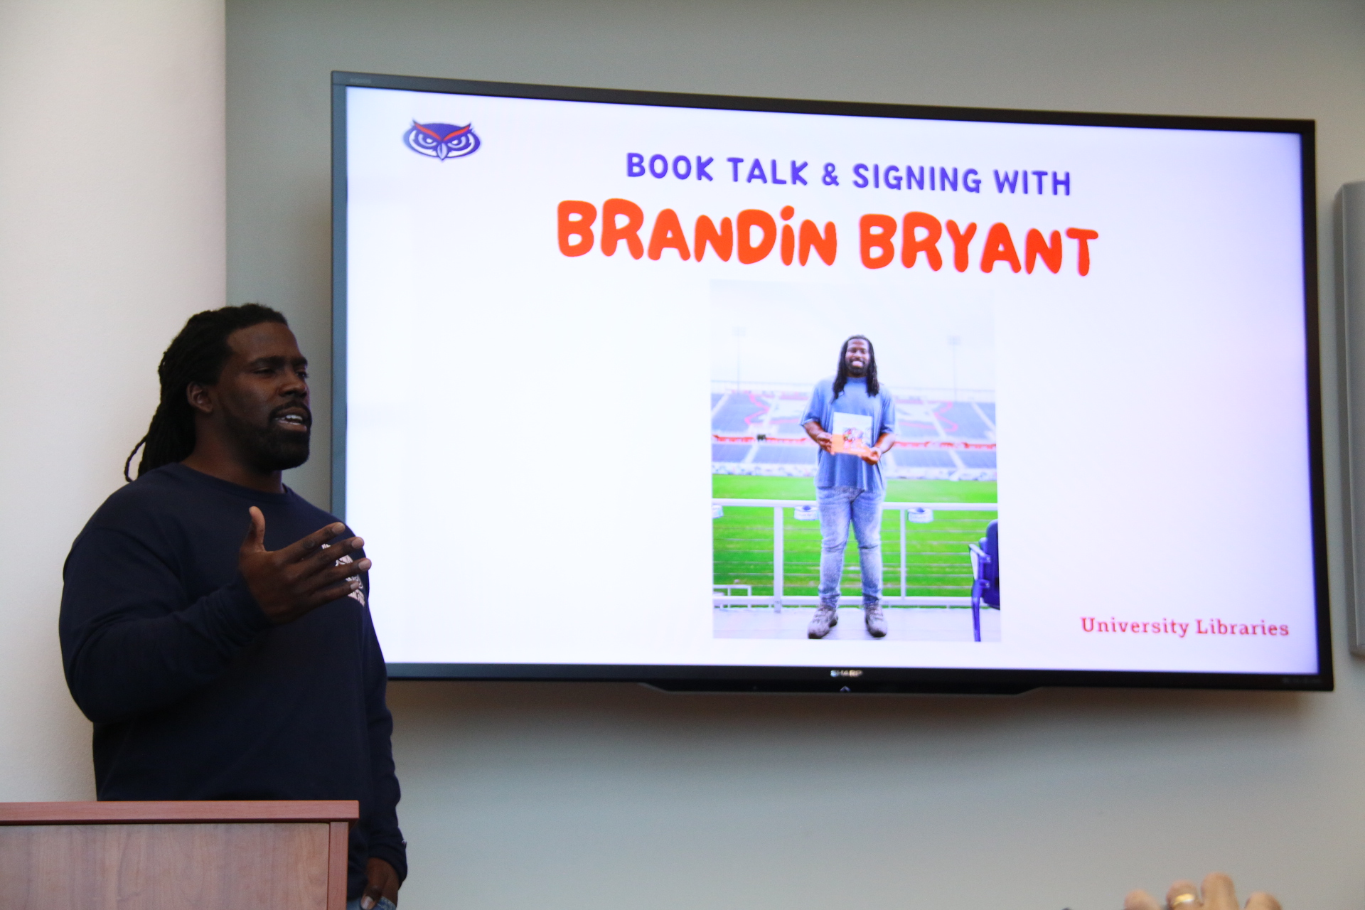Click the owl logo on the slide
[441, 139]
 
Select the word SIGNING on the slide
[916, 178]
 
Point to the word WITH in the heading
[1032, 182]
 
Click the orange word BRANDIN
[697, 233]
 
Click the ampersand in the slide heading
[830, 174]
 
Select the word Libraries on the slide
[1242, 627]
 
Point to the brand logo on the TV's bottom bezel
[846, 673]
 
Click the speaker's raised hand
[302, 562]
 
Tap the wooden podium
[178, 855]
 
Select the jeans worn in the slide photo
[850, 544]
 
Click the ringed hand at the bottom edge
[1201, 894]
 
